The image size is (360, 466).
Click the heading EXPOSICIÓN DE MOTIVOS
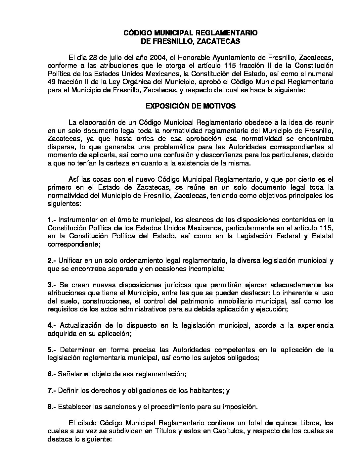tap(191, 106)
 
